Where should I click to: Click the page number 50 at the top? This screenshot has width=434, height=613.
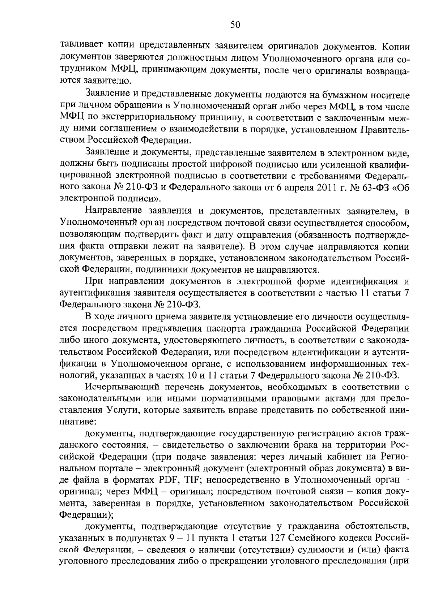coord(235,25)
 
